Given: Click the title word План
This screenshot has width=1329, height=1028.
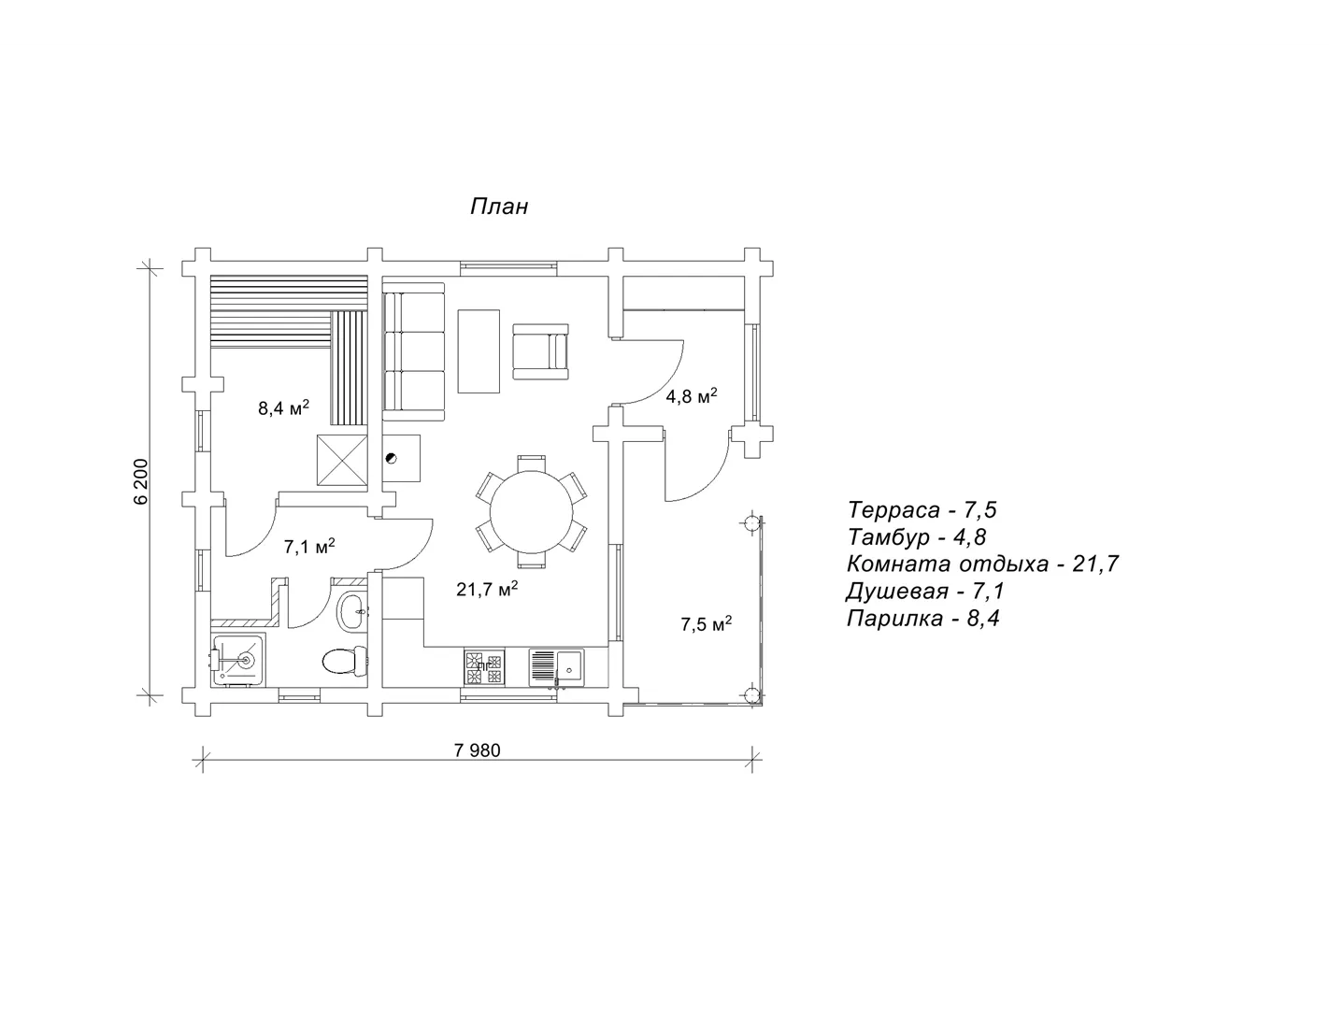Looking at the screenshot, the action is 499,207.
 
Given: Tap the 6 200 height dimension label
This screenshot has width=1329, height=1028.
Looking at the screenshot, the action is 141,481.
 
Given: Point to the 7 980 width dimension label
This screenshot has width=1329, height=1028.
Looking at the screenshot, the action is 477,750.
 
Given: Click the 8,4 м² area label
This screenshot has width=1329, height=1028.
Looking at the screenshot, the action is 284,407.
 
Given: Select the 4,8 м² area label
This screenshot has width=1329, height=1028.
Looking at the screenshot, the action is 691,395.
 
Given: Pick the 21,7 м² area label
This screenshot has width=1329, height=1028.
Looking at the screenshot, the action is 487,589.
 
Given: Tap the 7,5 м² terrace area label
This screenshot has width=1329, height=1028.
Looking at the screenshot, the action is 707,623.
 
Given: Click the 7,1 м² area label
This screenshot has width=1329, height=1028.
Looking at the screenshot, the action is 309,546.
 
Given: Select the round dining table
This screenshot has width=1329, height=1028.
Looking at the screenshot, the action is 532,512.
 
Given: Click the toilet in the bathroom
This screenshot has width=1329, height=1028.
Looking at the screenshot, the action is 345,661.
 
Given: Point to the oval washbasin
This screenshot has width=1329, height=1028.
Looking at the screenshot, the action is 353,610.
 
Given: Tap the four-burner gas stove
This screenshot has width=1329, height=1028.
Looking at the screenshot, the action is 484,667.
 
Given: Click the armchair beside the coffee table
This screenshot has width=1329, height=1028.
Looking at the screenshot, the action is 540,351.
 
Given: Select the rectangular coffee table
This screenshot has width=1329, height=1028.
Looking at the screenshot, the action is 479,351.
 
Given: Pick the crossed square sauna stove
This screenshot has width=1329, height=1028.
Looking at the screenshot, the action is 342,460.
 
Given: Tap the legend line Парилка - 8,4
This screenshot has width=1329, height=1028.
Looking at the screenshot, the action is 923,619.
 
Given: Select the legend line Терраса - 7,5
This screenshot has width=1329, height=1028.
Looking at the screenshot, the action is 922,509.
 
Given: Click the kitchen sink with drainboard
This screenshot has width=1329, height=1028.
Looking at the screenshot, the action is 556,667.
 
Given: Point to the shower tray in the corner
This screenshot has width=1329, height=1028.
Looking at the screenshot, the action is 238,659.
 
